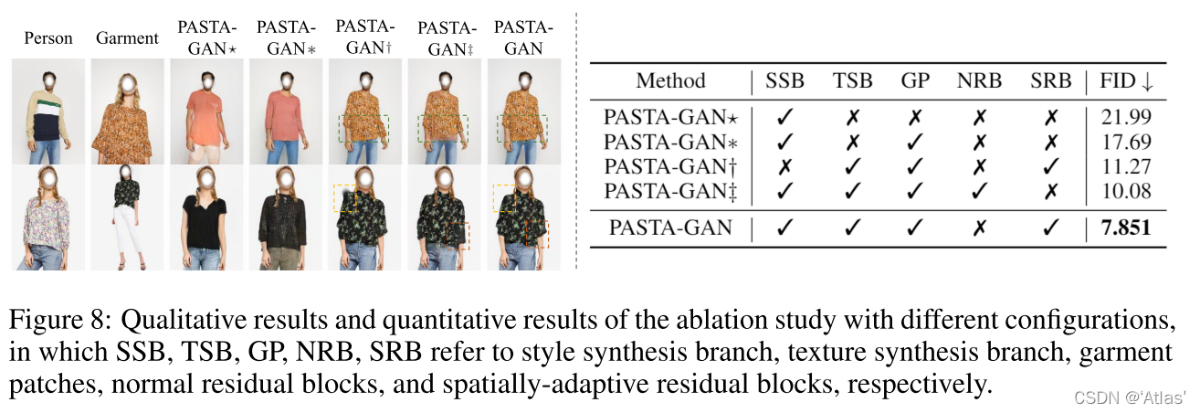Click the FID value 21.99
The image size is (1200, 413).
(x=1126, y=117)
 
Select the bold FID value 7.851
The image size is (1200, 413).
(x=1125, y=228)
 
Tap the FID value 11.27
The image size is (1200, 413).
(x=1126, y=166)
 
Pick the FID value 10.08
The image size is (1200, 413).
(x=1126, y=191)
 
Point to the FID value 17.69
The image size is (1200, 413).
(x=1126, y=142)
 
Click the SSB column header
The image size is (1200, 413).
(x=784, y=80)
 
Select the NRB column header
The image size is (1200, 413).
(x=979, y=80)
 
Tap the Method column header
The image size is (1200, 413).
(x=671, y=80)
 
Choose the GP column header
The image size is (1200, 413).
(x=914, y=80)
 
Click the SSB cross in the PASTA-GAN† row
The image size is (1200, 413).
(x=784, y=166)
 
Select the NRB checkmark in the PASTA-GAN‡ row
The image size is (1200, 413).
(x=979, y=191)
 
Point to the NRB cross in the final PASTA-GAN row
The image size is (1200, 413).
(x=979, y=228)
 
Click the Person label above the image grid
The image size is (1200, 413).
(x=48, y=38)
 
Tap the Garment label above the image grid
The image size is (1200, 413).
(x=127, y=38)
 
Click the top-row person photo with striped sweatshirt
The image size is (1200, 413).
(x=48, y=111)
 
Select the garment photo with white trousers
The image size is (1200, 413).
(x=127, y=217)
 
